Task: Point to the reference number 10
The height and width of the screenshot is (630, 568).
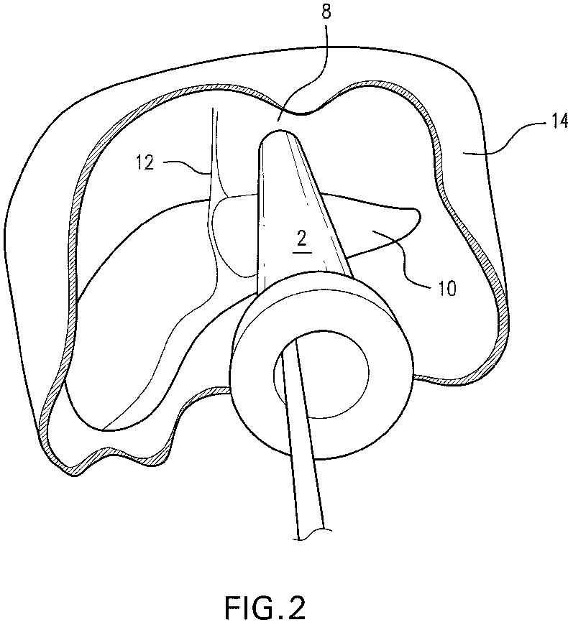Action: point(442,289)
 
